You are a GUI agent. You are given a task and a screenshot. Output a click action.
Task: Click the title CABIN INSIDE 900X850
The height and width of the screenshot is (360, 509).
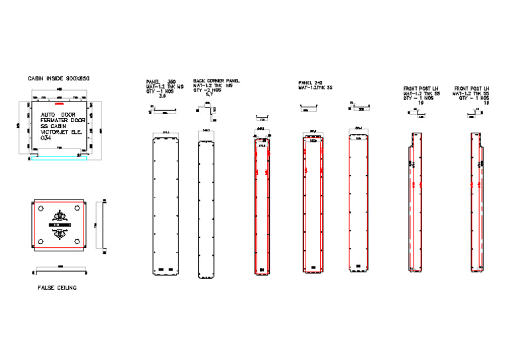58,78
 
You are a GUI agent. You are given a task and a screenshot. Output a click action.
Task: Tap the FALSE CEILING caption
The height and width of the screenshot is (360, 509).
57,288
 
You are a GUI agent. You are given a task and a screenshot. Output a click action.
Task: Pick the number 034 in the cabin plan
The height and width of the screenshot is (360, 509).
46,137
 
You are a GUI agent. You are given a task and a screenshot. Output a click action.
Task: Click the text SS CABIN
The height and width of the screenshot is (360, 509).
55,126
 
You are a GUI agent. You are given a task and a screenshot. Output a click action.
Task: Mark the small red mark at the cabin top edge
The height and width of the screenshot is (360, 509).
59,103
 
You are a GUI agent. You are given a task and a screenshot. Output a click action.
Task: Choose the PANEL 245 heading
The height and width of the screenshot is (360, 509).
310,83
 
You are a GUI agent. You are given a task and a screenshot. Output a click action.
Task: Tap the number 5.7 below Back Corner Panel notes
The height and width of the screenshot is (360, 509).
209,95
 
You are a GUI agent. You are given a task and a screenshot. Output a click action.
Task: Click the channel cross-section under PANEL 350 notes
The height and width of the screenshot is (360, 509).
160,110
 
